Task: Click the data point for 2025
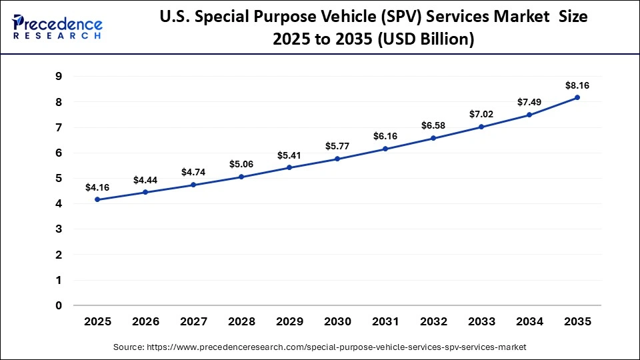(97, 199)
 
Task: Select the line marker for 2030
(337, 159)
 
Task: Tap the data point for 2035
(577, 97)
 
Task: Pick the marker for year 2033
(481, 127)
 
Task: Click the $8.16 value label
(577, 85)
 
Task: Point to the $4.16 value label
(97, 187)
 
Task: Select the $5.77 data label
(337, 146)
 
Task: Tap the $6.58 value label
(433, 126)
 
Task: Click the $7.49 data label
(529, 102)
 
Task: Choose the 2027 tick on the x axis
(193, 321)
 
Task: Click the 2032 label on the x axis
(433, 321)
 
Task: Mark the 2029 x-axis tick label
(289, 321)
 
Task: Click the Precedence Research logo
(57, 26)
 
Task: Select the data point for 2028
(241, 177)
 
